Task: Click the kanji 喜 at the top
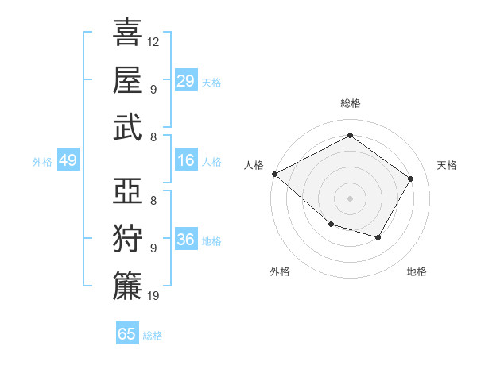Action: click(127, 33)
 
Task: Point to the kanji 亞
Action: click(127, 191)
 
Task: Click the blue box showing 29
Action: click(185, 81)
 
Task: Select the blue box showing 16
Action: click(185, 161)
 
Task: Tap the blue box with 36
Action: click(185, 240)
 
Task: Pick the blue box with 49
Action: click(68, 161)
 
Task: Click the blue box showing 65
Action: click(127, 334)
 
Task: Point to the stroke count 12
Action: click(153, 41)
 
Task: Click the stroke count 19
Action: click(153, 296)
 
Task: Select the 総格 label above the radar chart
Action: click(350, 103)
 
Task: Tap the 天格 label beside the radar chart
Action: click(448, 165)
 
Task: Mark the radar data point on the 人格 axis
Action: click(274, 174)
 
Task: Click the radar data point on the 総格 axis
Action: click(350, 136)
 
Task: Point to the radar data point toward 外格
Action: click(331, 225)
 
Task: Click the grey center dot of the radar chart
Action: click(350, 198)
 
